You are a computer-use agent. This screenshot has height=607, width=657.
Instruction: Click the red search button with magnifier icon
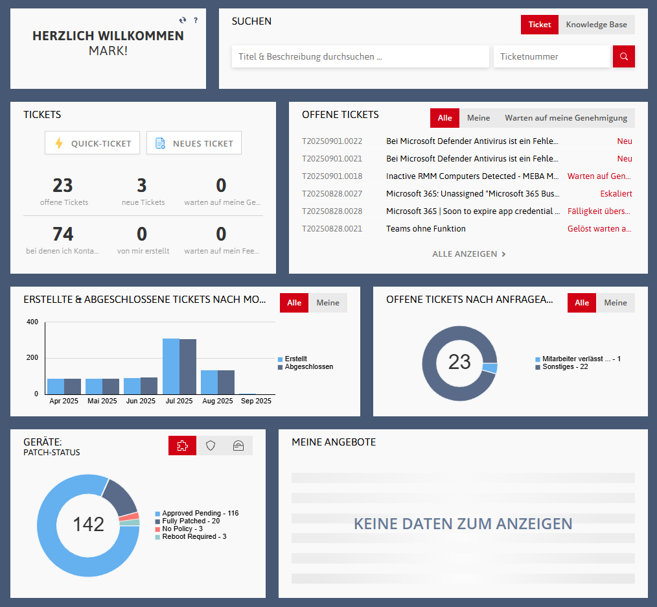click(x=624, y=56)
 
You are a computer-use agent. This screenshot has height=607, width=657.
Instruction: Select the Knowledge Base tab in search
click(x=596, y=25)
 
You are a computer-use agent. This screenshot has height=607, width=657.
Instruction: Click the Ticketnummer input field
click(x=551, y=56)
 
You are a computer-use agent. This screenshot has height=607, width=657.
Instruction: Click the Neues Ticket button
click(x=194, y=143)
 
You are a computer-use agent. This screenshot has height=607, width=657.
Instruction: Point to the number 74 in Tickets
click(x=63, y=233)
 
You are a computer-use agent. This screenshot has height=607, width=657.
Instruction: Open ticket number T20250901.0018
click(x=332, y=176)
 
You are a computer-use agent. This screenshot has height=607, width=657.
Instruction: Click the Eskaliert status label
click(x=616, y=193)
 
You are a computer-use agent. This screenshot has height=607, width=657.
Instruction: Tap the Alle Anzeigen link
click(x=468, y=254)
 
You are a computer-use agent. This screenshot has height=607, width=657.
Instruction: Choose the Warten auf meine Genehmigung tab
click(x=566, y=118)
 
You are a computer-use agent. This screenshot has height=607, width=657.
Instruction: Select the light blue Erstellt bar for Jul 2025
click(x=171, y=366)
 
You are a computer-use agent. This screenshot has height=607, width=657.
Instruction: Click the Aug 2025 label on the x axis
click(x=217, y=401)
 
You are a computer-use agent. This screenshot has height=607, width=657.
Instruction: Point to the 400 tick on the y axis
click(x=32, y=322)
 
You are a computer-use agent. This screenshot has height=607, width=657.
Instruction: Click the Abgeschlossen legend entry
click(x=308, y=367)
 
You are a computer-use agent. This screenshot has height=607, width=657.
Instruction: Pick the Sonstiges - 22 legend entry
click(x=564, y=367)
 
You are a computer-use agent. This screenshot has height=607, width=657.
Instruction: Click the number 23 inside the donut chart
click(x=459, y=361)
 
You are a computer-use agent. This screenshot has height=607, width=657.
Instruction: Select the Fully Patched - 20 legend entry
click(x=190, y=521)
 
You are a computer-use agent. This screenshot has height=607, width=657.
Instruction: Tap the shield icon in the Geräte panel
click(x=211, y=446)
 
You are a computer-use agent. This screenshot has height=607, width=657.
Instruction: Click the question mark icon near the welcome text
click(x=196, y=20)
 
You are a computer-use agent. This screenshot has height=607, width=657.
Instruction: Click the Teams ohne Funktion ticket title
click(x=426, y=228)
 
